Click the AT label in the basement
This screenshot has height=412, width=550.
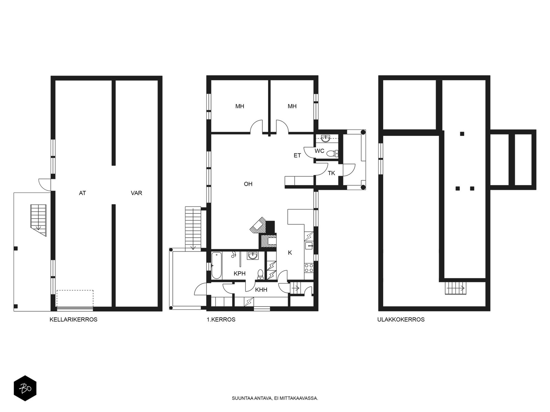click(x=82, y=193)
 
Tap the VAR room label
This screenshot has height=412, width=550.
click(x=136, y=193)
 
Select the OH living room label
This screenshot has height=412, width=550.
click(x=248, y=184)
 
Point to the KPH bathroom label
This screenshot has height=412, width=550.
click(x=240, y=274)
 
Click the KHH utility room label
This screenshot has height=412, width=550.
click(x=261, y=290)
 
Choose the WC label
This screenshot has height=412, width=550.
click(x=319, y=151)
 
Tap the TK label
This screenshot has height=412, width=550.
click(x=331, y=173)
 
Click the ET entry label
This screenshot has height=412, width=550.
click(x=297, y=156)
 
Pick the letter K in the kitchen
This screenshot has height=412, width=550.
click(x=290, y=253)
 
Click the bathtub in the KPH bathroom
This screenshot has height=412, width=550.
click(x=217, y=266)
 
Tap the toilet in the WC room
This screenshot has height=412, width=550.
click(x=332, y=153)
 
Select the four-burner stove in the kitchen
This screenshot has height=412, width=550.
click(x=309, y=268)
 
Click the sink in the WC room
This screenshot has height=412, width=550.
click(x=326, y=138)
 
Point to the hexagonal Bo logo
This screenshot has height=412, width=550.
click(x=25, y=388)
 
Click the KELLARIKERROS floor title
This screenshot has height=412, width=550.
click(x=74, y=319)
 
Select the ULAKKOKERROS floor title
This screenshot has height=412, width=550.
click(x=401, y=319)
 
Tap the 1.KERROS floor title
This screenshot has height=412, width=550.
click(x=221, y=319)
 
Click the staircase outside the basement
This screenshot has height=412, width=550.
click(x=38, y=220)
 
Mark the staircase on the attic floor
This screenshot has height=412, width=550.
click(x=455, y=288)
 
